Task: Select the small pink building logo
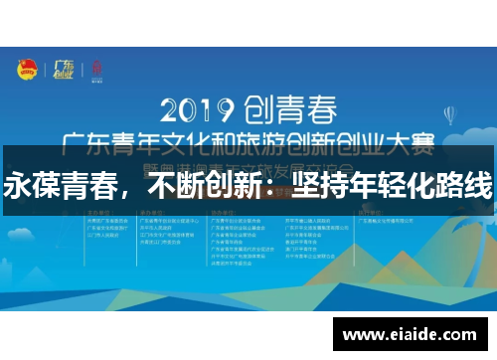pos(96,70)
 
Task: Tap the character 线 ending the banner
pos(477,186)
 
